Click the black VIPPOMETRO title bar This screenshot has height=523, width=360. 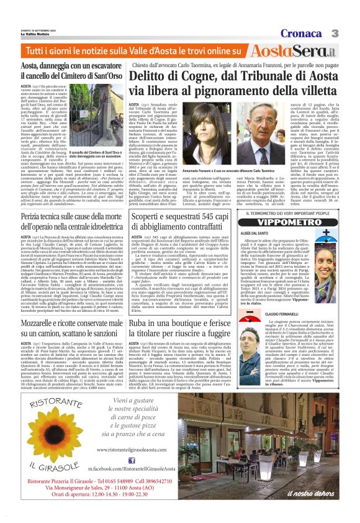click(289, 222)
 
